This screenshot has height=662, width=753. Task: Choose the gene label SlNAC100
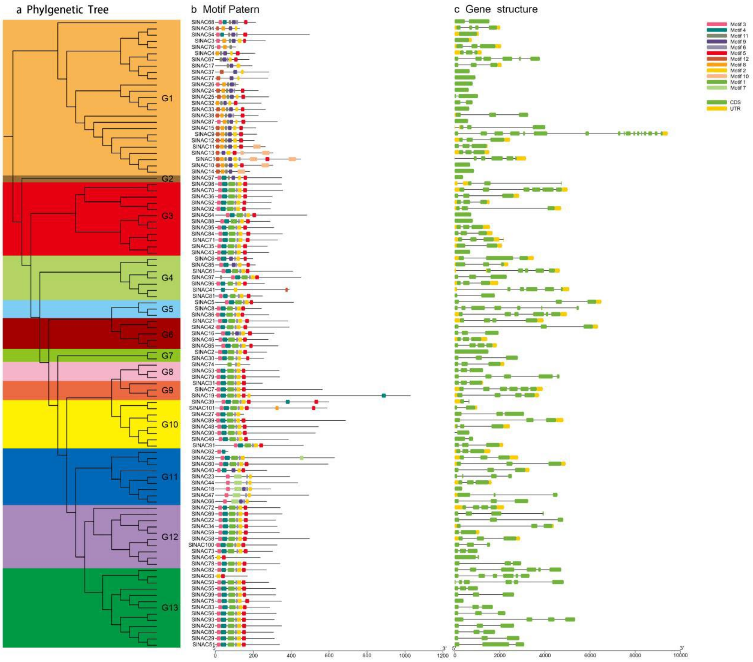coord(201,545)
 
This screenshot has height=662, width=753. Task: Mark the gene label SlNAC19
coord(203,396)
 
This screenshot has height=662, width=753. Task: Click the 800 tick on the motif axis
coord(367,655)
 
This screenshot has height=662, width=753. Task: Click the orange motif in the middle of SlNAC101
coord(277,408)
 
